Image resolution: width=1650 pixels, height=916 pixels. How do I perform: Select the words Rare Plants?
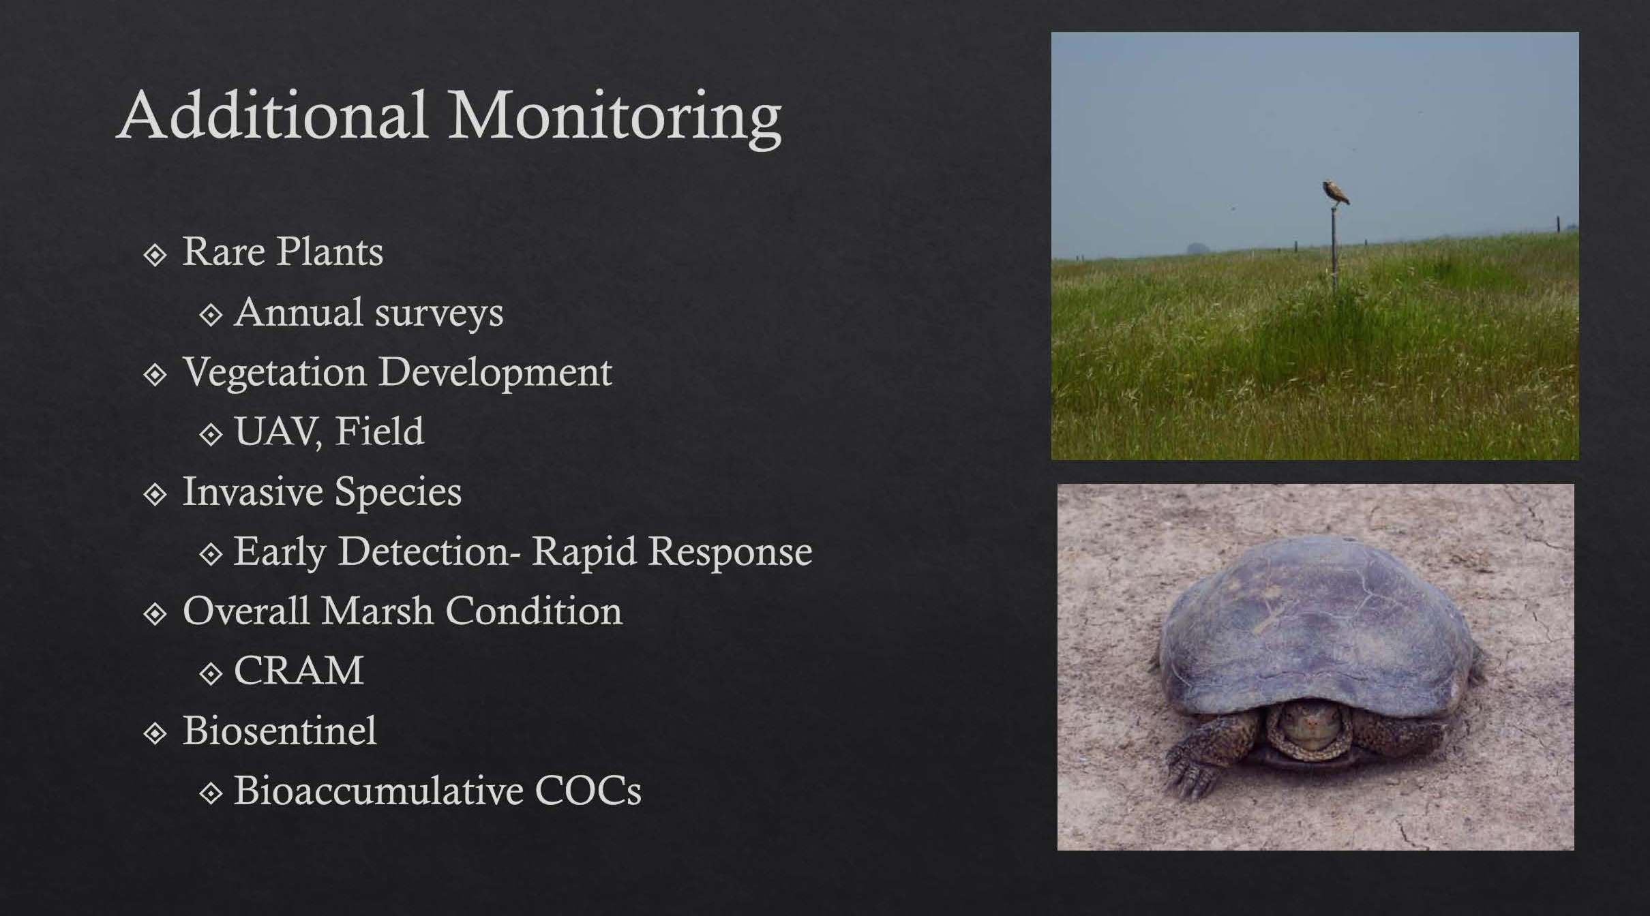coord(282,251)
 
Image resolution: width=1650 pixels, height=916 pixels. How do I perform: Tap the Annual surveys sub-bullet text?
coord(369,313)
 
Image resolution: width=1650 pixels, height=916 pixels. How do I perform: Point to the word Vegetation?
coord(275,372)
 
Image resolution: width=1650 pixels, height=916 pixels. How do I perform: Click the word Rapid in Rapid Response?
coord(584,551)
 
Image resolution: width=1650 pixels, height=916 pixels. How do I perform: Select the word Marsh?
coord(378,611)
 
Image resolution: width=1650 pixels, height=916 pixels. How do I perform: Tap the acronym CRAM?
coord(299,671)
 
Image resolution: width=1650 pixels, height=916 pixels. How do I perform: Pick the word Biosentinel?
coord(280,731)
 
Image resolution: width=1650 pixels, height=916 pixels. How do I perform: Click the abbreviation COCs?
coord(588,791)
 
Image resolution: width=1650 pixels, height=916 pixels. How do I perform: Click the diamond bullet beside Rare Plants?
coord(155,255)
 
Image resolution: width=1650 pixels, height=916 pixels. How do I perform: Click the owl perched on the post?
coord(1336,194)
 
